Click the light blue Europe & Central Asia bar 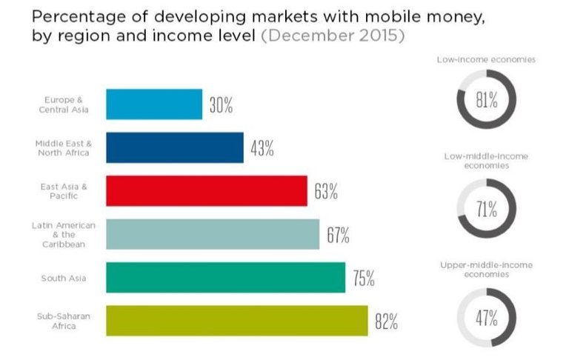pyautogui.click(x=154, y=104)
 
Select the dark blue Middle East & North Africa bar pyautogui.click(x=175, y=147)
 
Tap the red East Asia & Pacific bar pyautogui.click(x=207, y=190)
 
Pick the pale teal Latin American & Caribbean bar pyautogui.click(x=213, y=234)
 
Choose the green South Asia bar pyautogui.click(x=225, y=277)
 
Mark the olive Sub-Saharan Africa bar pyautogui.click(x=237, y=320)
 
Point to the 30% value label pyautogui.click(x=221, y=105)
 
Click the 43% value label pyautogui.click(x=262, y=148)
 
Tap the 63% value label pyautogui.click(x=326, y=191)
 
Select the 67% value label pyautogui.click(x=338, y=235)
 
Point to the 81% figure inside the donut pyautogui.click(x=486, y=100)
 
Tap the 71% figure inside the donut pyautogui.click(x=486, y=209)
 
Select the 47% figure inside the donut pyautogui.click(x=486, y=318)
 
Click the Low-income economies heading pyautogui.click(x=486, y=58)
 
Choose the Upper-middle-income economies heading pyautogui.click(x=486, y=269)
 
